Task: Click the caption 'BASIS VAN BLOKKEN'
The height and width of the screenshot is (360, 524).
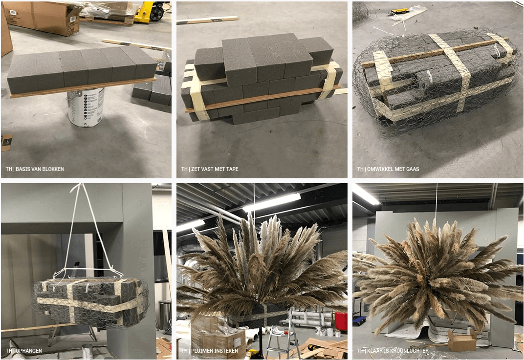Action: (40, 169)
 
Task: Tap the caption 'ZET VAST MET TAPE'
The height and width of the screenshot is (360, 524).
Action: (215, 169)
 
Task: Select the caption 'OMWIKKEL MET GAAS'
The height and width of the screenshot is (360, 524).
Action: (393, 169)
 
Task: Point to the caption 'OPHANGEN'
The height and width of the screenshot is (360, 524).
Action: (29, 351)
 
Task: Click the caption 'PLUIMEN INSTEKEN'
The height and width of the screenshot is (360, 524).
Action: (215, 351)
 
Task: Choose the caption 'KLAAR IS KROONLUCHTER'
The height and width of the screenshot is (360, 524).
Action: (398, 351)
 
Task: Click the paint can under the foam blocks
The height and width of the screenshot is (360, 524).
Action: (86, 107)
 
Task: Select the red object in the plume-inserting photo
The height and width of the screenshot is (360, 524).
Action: (341, 321)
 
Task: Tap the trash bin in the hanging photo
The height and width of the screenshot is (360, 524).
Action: (164, 315)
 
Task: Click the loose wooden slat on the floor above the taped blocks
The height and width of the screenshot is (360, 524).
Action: (207, 20)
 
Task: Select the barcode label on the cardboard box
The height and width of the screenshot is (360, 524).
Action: (13, 13)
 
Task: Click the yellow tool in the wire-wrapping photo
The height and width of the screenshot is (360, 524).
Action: (400, 12)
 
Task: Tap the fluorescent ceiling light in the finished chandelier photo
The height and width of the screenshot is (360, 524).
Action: (366, 194)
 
